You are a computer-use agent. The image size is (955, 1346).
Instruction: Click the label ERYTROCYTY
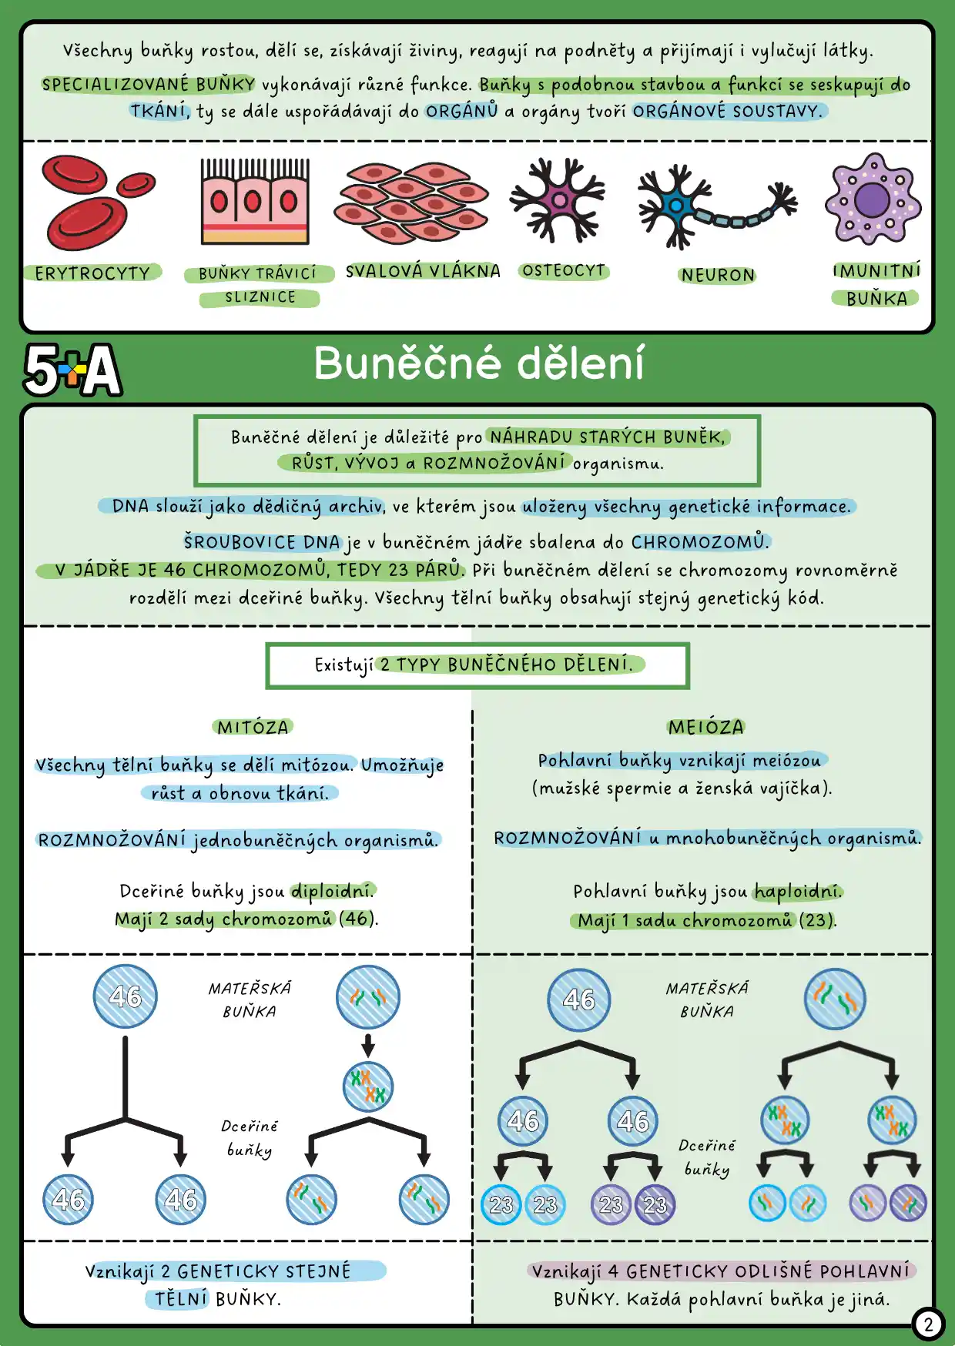click(92, 273)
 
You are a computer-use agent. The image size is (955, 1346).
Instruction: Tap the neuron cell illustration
click(717, 206)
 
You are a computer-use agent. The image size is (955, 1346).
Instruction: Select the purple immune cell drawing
click(873, 199)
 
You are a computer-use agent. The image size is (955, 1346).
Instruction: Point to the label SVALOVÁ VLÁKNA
click(423, 271)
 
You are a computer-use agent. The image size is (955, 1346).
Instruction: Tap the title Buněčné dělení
click(478, 363)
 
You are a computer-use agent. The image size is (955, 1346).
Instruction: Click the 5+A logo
click(72, 370)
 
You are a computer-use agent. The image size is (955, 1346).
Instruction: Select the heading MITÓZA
click(253, 728)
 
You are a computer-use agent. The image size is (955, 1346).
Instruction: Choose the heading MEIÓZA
click(706, 728)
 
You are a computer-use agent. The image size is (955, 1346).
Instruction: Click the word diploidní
click(333, 891)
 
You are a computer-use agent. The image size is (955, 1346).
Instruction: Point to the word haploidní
click(798, 892)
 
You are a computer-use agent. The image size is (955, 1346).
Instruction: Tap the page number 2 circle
click(928, 1324)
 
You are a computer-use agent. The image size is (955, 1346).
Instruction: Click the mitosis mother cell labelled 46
click(125, 996)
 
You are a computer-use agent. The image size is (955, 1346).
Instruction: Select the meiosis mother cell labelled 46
click(579, 999)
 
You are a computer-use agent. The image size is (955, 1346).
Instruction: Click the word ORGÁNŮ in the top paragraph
click(462, 111)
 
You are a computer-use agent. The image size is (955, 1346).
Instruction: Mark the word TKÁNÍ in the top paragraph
click(159, 111)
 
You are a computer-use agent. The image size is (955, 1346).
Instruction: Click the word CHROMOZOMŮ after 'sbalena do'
click(699, 542)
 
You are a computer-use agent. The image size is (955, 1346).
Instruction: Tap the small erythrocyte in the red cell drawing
click(136, 184)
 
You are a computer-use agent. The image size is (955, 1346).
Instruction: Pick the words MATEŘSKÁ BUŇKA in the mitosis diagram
click(250, 999)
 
